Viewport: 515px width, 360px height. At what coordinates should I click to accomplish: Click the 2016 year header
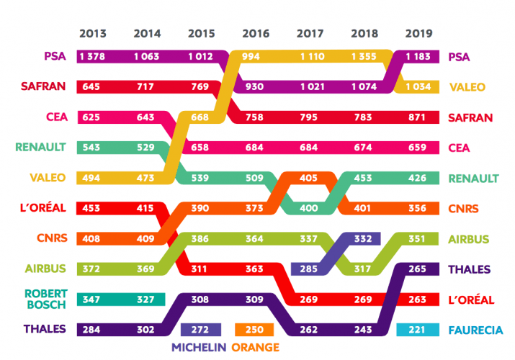(x=256, y=33)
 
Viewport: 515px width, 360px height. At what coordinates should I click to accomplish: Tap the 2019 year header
(x=418, y=33)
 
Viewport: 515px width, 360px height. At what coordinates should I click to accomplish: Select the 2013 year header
(x=93, y=33)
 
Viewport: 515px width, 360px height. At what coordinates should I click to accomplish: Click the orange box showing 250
(x=256, y=330)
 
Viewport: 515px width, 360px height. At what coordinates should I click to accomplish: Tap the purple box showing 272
(x=201, y=330)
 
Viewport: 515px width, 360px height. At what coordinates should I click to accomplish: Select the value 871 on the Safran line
(x=418, y=117)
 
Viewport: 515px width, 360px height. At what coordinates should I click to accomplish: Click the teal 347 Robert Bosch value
(x=93, y=299)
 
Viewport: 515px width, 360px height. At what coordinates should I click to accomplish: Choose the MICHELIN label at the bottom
(x=199, y=348)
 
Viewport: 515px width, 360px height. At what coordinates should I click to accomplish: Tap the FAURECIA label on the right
(x=475, y=330)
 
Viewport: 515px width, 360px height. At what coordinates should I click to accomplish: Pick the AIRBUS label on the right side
(x=469, y=238)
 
